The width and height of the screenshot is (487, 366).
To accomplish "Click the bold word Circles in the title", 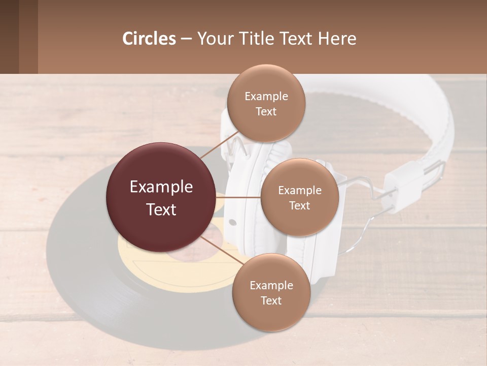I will [x=149, y=38].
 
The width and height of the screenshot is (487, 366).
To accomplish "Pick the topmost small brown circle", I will [x=266, y=103].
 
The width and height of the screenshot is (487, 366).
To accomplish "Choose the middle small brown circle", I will [x=299, y=197].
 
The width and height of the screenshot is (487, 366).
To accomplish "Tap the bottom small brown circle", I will [x=271, y=292].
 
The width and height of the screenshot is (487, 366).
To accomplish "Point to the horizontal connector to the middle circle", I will [x=238, y=197].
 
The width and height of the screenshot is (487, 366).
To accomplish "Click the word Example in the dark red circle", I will [x=161, y=187].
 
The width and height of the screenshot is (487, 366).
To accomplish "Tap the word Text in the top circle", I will [x=266, y=111].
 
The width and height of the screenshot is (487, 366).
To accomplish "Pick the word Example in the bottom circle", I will [x=271, y=285].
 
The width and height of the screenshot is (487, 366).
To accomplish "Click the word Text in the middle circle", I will [x=299, y=205].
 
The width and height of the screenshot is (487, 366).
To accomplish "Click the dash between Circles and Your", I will [x=186, y=39].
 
